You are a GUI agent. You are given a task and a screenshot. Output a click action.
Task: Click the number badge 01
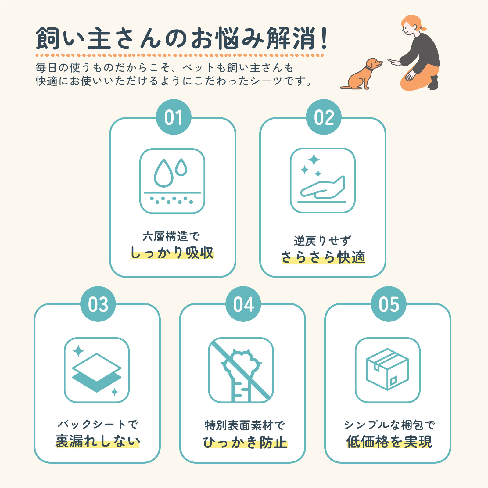coord(174,117)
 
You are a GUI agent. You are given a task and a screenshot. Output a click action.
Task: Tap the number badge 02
coord(324,117)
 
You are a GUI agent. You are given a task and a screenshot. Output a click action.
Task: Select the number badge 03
coord(98,304)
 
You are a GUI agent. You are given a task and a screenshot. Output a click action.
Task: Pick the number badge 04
coord(243,304)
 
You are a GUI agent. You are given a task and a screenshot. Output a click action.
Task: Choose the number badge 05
coord(389,304)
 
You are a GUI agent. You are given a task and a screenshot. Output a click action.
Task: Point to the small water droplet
coord(181,167)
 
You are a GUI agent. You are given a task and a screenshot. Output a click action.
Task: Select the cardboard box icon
coord(387,369)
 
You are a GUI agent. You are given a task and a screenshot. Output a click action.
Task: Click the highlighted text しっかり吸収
coord(172,253)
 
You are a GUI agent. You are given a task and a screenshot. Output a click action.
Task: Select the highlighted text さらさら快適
coord(323,257)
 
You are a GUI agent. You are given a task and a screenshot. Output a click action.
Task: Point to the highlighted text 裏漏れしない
coord(97,441)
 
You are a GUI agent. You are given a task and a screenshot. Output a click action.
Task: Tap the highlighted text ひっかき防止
coord(245,442)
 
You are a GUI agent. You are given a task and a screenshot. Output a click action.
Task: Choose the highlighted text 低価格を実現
coord(389,441)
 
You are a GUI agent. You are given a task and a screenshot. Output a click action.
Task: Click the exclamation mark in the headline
coord(324,38)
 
